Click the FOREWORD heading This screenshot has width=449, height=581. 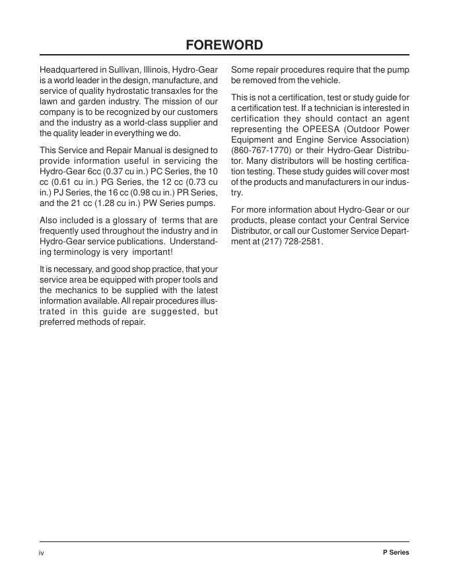pyautogui.click(x=224, y=45)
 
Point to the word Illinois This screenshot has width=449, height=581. pyautogui.click(x=156, y=70)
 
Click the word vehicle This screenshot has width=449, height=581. pyautogui.click(x=324, y=81)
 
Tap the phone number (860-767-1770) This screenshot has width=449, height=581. pyautogui.click(x=261, y=151)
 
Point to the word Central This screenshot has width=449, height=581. pyautogui.click(x=366, y=221)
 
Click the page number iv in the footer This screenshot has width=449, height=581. pyautogui.click(x=42, y=553)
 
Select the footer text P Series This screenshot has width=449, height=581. pyautogui.click(x=395, y=553)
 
